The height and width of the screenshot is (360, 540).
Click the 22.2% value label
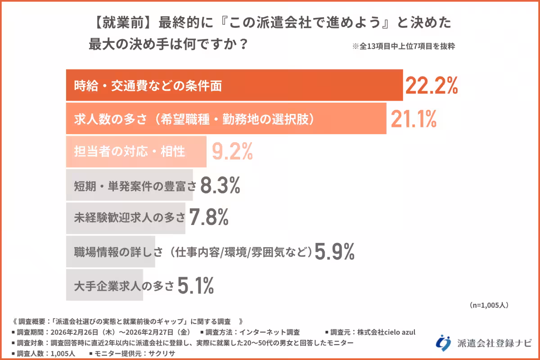click(x=432, y=85)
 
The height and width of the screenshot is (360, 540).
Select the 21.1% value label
click(x=414, y=119)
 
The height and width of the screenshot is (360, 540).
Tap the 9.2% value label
click(x=233, y=152)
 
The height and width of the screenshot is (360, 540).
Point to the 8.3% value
click(x=220, y=185)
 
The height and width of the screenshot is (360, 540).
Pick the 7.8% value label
click(x=208, y=218)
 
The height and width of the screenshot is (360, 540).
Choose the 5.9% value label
click(x=334, y=252)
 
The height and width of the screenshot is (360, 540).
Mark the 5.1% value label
click(x=195, y=285)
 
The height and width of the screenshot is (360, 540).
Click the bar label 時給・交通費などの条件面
click(x=148, y=86)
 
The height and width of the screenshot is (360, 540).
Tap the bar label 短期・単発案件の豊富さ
click(x=135, y=185)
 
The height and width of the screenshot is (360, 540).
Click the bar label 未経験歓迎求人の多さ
click(x=130, y=218)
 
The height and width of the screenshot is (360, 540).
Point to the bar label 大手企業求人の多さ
click(x=124, y=285)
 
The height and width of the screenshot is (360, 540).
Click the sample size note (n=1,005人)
click(x=489, y=305)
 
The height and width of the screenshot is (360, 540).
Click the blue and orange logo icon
click(x=443, y=342)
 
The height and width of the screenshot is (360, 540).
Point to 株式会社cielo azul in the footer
click(x=387, y=333)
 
